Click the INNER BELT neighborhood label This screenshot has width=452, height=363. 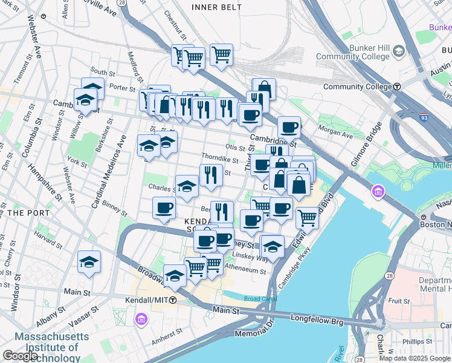[216, 7]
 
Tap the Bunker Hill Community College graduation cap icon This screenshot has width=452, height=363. [399, 52]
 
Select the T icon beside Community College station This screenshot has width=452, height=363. [397, 87]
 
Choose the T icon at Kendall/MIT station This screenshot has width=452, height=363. [173, 300]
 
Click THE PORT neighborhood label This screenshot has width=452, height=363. [24, 213]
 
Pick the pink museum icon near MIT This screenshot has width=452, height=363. [141, 318]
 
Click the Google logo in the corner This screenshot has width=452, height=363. [20, 356]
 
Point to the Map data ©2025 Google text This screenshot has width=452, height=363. [415, 358]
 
